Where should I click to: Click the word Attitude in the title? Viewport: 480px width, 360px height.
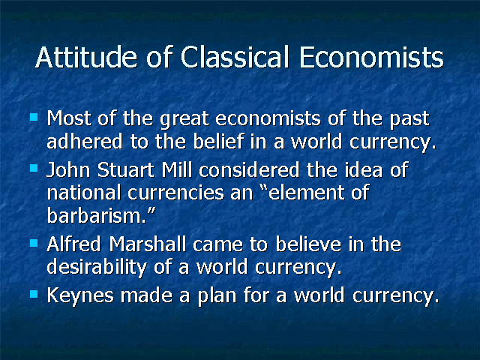tap(86, 57)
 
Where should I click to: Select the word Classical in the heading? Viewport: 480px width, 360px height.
tap(235, 57)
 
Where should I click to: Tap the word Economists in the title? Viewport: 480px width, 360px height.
tap(371, 57)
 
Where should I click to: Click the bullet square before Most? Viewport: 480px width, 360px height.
tap(34, 117)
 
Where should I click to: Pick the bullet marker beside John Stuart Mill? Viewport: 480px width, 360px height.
tap(34, 168)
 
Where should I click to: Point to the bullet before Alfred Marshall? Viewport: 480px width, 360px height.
tap(34, 243)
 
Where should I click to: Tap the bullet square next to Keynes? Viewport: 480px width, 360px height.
tap(34, 294)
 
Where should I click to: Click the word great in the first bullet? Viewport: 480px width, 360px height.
tap(184, 119)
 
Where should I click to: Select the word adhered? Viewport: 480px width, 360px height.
tap(85, 142)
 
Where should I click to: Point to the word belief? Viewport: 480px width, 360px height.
tap(218, 142)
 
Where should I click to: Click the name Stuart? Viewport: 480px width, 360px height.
tap(126, 169)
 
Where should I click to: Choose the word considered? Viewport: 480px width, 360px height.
tap(249, 169)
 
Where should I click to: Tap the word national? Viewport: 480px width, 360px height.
tap(83, 193)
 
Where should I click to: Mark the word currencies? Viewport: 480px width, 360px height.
tap(175, 193)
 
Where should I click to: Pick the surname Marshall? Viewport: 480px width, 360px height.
tap(148, 244)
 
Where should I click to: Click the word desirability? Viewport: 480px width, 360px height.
tap(97, 268)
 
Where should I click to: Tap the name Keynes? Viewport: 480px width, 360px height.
tap(80, 295)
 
